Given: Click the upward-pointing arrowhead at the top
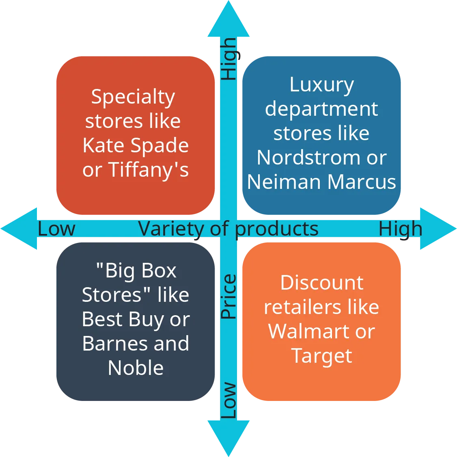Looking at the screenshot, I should click(228, 20).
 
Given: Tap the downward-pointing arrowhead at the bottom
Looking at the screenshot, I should click(228, 437).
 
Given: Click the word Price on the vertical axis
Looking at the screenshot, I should click(228, 297).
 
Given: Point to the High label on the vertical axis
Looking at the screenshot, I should click(228, 59).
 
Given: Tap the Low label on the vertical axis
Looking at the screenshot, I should click(228, 401).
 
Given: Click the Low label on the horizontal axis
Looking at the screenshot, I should click(56, 229).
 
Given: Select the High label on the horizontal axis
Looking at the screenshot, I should click(400, 229).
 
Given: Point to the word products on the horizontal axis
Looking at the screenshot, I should click(277, 229).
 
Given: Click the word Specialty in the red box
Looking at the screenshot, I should click(133, 97).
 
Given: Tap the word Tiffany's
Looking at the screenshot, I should click(149, 170).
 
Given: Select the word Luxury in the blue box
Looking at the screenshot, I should click(322, 85).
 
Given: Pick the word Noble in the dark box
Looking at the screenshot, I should click(136, 368).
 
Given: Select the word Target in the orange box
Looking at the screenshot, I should click(321, 356).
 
